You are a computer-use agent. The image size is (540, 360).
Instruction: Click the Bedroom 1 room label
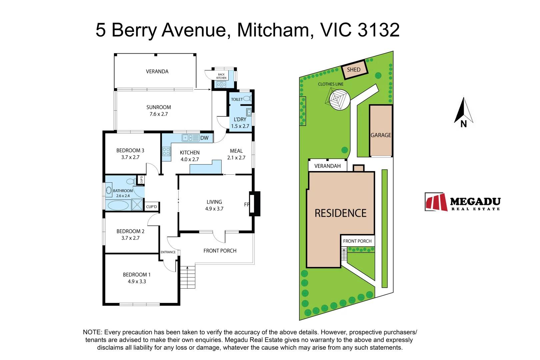pos(137,275)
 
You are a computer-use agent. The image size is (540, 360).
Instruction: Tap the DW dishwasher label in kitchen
pos(204,138)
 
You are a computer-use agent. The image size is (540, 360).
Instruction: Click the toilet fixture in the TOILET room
pos(247,99)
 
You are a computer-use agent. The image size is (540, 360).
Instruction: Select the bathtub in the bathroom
pos(118,205)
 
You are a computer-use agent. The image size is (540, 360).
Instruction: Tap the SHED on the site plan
pos(354,70)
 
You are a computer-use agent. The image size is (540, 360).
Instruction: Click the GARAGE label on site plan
pos(381,135)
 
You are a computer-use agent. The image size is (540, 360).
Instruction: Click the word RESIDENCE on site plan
pos(340,213)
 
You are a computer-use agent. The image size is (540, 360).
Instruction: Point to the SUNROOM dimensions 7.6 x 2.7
pos(159,114)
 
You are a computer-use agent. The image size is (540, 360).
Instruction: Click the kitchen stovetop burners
pos(166,152)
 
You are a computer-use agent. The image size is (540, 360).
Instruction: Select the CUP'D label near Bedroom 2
pos(151,207)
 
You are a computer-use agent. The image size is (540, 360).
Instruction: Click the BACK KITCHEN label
pos(221,76)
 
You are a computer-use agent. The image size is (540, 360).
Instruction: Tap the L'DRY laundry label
pos(240,119)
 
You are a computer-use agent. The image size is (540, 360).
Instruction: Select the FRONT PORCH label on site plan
pos(357,241)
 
